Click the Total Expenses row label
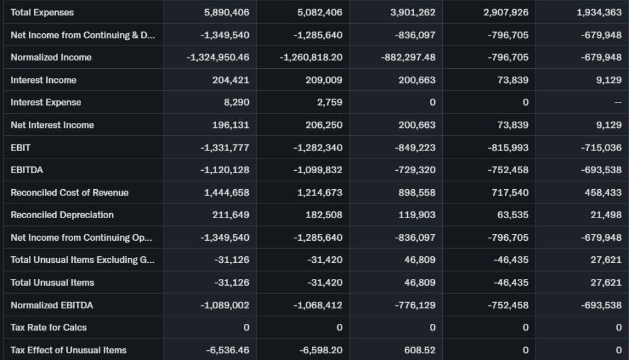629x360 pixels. tap(42, 12)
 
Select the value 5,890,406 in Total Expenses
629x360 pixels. tap(227, 12)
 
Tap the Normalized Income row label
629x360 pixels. tap(51, 57)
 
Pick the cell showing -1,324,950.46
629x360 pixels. tap(218, 57)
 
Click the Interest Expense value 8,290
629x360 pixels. tap(237, 102)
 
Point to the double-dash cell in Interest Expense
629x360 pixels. tap(618, 102)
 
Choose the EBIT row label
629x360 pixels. tap(20, 147)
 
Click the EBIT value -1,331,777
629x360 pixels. tap(225, 147)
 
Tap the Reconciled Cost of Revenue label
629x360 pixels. tap(69, 192)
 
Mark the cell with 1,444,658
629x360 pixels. tap(227, 192)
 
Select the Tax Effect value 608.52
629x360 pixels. tap(420, 350)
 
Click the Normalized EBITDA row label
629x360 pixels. tap(52, 305)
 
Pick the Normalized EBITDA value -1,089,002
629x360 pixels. tap(225, 305)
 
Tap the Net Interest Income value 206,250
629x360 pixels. tap(324, 125)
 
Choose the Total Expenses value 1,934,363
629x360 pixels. tap(599, 12)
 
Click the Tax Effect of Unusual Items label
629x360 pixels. tap(68, 350)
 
